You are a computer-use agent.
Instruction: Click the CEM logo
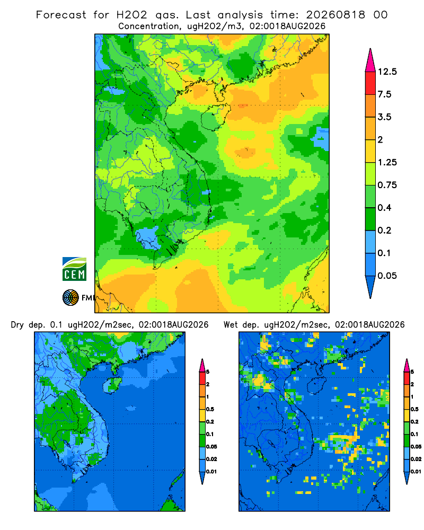pos(74,269)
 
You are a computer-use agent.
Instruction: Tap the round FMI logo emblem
pos(70,297)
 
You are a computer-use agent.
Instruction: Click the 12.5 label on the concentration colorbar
pos(387,72)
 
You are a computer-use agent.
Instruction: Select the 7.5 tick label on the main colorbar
pos(384,94)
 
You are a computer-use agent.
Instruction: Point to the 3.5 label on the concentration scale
pos(384,117)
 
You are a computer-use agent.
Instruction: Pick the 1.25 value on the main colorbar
pos(387,162)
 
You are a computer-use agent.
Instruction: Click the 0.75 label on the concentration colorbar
pos(387,185)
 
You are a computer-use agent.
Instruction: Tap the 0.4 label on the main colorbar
pos(384,208)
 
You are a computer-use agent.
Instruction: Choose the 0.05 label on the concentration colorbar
pos(387,276)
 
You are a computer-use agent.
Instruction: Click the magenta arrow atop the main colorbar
pos(370,60)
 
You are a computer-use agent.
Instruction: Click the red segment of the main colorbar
pos(370,83)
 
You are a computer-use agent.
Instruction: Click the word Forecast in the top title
pos(61,15)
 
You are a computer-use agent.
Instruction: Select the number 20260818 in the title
pos(335,15)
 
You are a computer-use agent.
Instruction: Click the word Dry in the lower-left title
pos(17,325)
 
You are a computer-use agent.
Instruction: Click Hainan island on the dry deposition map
pos(112,385)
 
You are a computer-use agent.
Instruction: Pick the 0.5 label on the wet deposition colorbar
pos(414,409)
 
